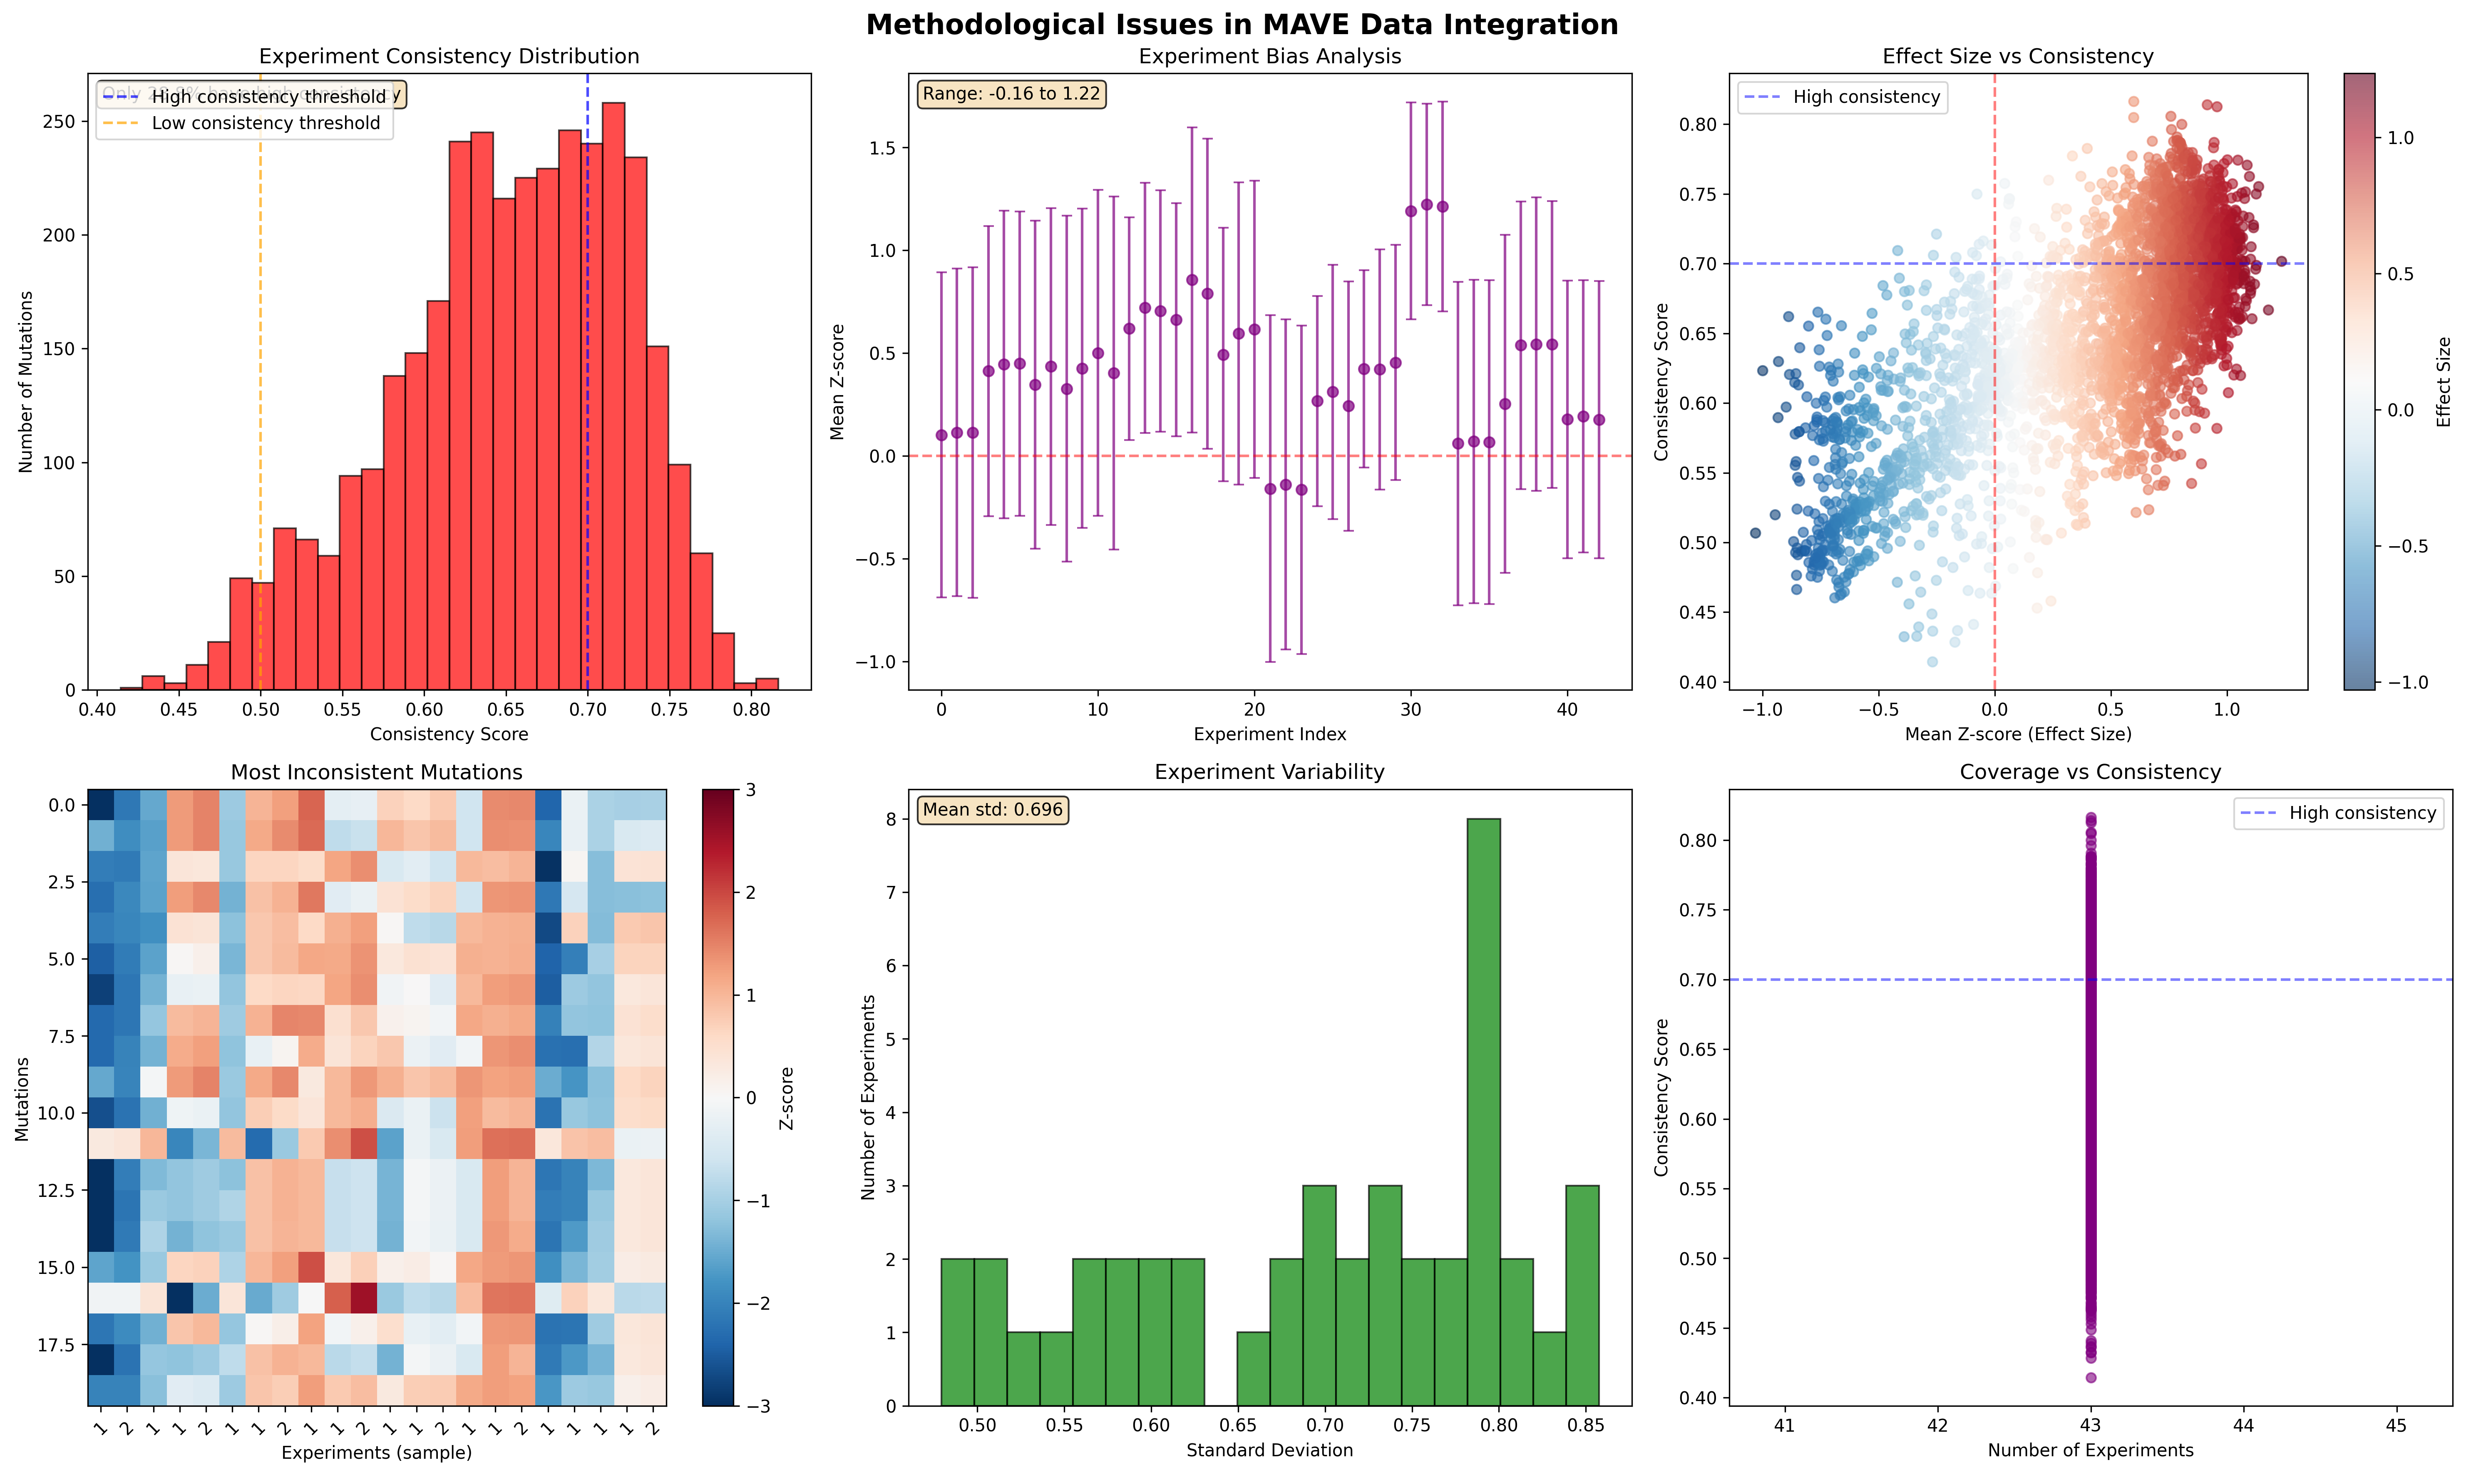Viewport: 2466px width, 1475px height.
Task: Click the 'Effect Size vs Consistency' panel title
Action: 2017,57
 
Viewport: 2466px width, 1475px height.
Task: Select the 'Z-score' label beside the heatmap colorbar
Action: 787,1098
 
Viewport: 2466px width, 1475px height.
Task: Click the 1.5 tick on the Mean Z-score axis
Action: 882,148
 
